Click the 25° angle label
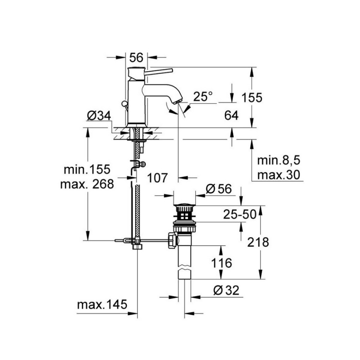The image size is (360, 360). click(x=203, y=96)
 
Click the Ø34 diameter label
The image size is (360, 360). click(x=98, y=116)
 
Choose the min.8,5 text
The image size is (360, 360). click(x=278, y=161)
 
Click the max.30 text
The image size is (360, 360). click(x=278, y=175)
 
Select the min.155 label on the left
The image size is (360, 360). click(x=87, y=169)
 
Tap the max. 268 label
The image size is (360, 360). click(x=87, y=184)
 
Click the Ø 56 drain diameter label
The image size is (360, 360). click(x=219, y=190)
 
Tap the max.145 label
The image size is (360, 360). click(x=102, y=305)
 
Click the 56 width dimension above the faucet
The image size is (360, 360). click(x=136, y=58)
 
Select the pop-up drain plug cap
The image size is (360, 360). click(x=184, y=207)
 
